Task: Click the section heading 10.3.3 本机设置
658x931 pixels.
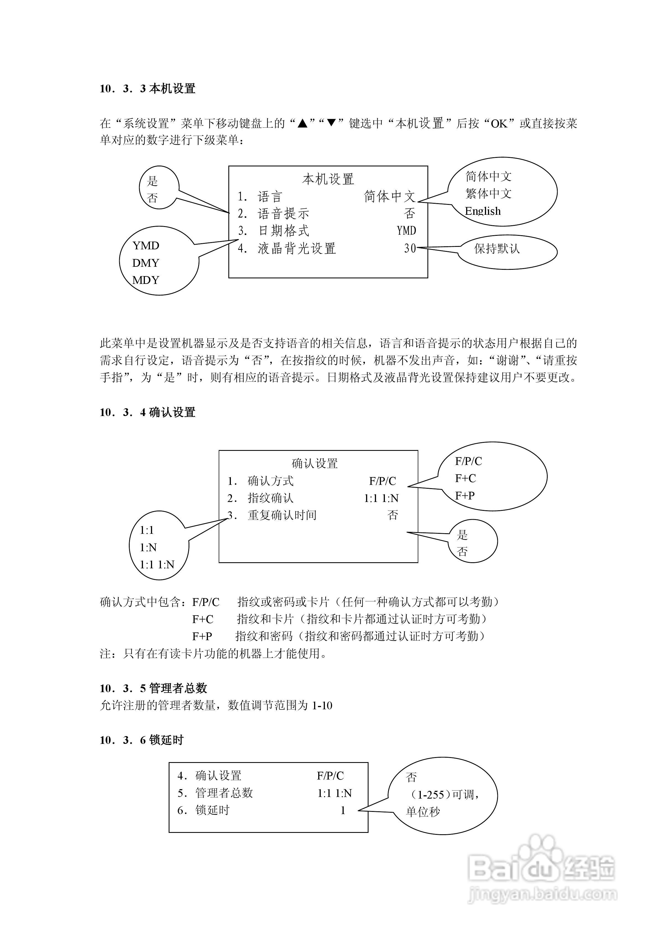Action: (148, 88)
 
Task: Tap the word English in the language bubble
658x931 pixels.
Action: (483, 211)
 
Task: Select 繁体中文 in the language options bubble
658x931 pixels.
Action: (489, 193)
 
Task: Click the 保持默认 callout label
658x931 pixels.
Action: (497, 249)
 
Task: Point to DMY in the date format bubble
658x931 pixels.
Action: (146, 263)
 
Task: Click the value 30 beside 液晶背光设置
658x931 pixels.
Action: (410, 248)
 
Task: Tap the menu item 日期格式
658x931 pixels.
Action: (284, 231)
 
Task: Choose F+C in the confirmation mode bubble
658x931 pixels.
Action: (465, 478)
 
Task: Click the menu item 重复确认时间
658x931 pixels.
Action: (282, 515)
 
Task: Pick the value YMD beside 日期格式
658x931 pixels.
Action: (406, 231)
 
